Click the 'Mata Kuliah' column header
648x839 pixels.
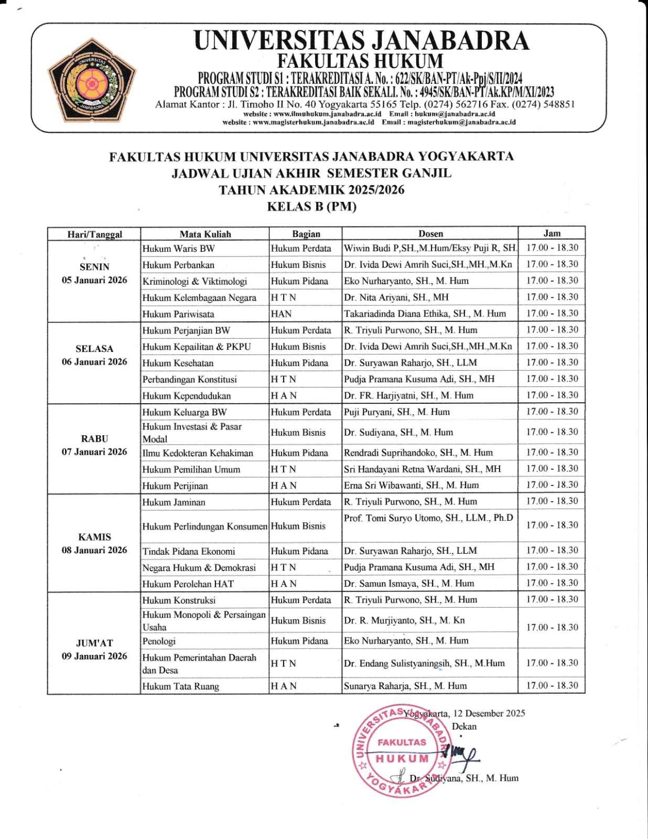205,234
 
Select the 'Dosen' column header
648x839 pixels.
430,234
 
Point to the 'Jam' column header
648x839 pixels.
552,233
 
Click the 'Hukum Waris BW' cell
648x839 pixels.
178,249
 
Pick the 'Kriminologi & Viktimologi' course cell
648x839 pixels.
195,281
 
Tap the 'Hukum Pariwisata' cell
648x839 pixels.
178,314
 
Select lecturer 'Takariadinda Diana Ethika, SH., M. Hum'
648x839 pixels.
425,314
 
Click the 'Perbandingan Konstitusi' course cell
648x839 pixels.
189,379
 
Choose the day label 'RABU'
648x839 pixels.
94,438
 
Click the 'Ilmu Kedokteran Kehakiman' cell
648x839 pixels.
198,453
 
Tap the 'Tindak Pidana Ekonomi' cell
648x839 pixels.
189,551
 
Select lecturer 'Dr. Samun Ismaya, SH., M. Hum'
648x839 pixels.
409,583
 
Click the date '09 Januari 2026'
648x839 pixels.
94,656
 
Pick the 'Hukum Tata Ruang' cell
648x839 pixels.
180,686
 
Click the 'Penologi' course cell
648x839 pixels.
159,641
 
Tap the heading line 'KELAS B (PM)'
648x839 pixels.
311,207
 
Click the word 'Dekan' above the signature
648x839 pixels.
464,726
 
